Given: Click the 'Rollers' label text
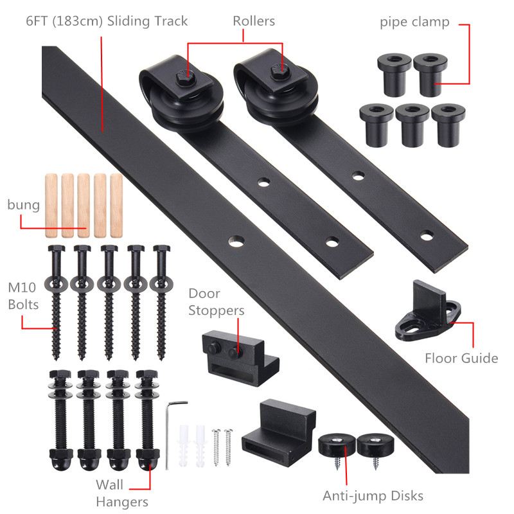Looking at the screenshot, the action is pos(254,21).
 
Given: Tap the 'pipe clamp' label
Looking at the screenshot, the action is pos(414,22).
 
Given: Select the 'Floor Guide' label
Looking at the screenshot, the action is pos(461,358).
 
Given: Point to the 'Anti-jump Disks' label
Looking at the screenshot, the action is pos(373,495).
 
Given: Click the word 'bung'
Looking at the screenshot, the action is pos(24,205).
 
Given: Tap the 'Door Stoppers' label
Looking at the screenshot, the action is pos(217,302).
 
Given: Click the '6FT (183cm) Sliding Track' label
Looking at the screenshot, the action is pos(107,21).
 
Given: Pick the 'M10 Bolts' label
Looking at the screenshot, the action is pos(23,296).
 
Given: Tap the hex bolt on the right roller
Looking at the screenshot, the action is pos(281,72).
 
